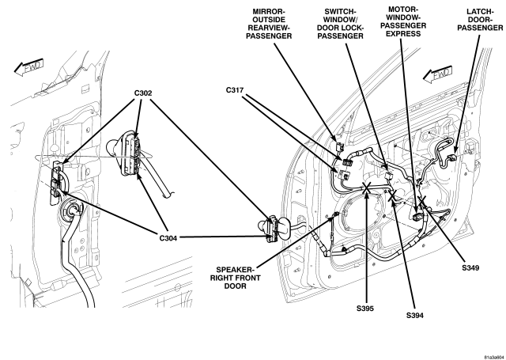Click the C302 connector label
[x=143, y=93]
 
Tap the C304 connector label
[x=168, y=238]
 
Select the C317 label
[x=235, y=90]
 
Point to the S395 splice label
[x=365, y=309]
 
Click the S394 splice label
[x=415, y=316]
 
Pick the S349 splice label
[x=470, y=267]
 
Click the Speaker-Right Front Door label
[x=236, y=278]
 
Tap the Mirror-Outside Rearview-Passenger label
[x=269, y=24]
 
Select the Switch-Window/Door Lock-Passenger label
[x=341, y=24]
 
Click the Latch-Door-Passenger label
[x=480, y=20]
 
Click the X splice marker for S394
[x=392, y=195]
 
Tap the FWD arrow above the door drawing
[x=437, y=74]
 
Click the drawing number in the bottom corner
[x=494, y=357]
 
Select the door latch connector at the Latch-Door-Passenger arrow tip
[x=451, y=158]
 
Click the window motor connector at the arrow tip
[x=417, y=215]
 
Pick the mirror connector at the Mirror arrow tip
[x=339, y=146]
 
